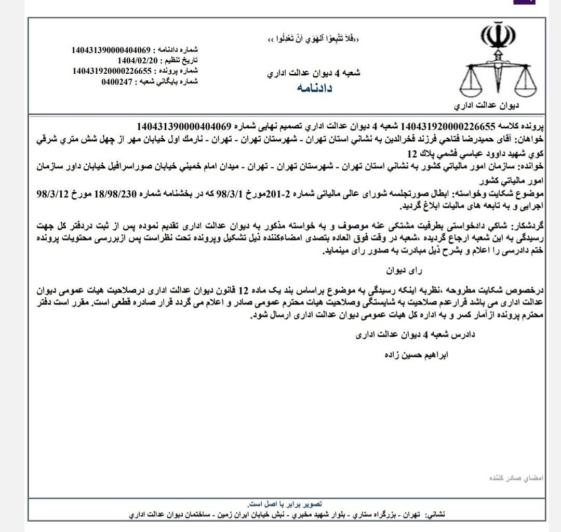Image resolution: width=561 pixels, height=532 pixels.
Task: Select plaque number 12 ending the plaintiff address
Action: (412, 155)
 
